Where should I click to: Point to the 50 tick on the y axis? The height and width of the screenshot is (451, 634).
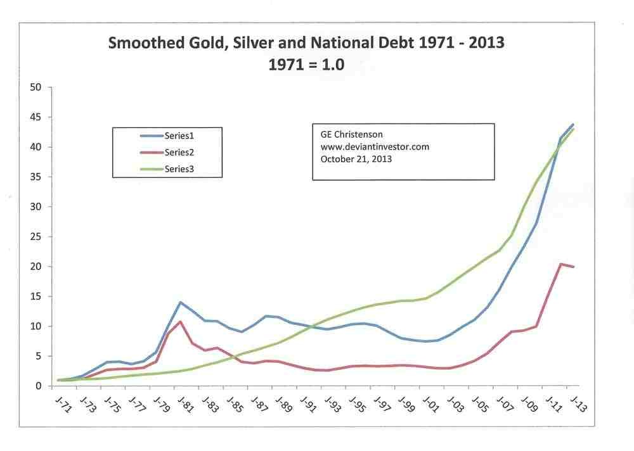point(36,87)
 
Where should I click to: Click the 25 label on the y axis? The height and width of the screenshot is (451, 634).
point(36,237)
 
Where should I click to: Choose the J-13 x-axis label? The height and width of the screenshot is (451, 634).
point(579,403)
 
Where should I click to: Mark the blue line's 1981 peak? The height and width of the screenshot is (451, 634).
point(181,302)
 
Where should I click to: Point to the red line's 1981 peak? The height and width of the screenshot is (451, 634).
point(181,322)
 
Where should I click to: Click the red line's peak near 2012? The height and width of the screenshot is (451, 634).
point(560,264)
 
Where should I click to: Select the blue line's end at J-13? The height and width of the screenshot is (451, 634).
point(573,124)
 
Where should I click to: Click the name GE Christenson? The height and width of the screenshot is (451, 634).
point(347,135)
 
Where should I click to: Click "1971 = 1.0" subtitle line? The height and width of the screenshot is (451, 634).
point(307,65)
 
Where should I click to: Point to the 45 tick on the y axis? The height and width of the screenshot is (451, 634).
point(36,117)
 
